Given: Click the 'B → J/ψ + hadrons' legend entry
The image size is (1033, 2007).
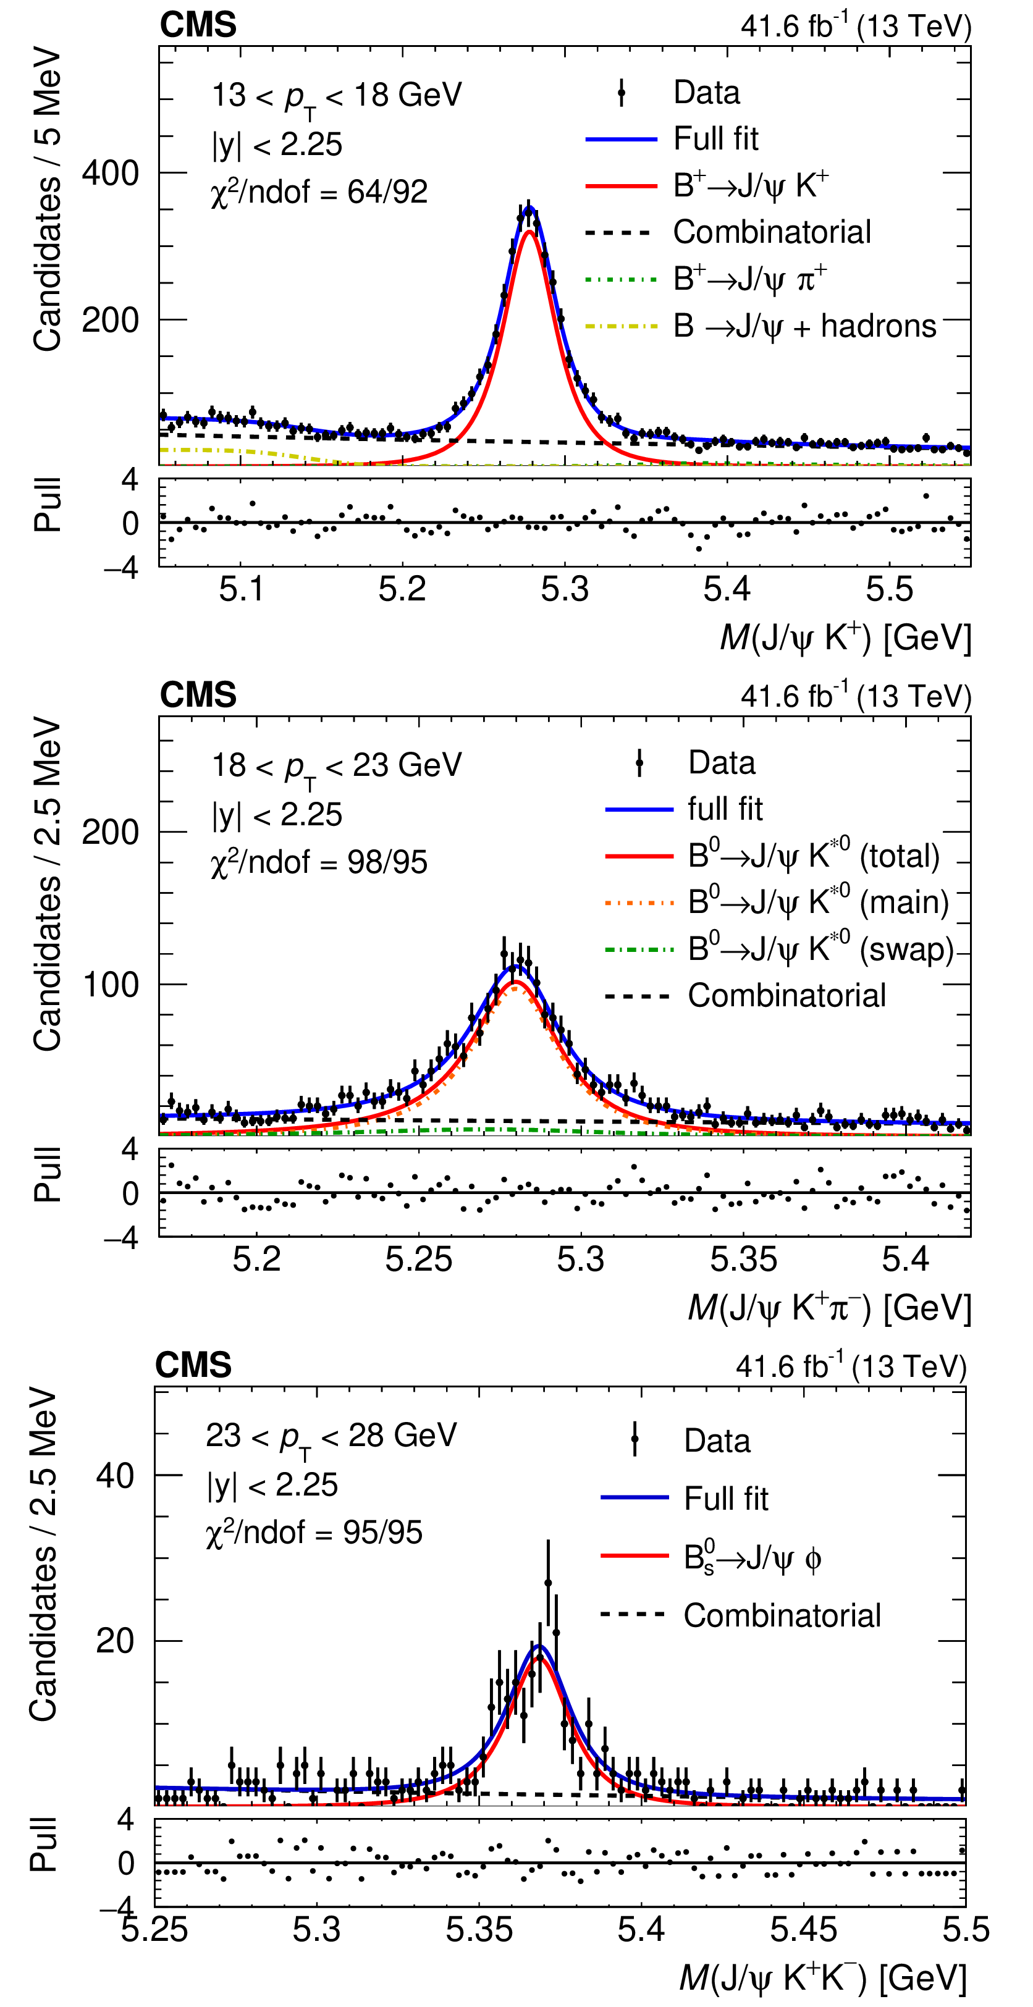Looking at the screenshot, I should [x=804, y=326].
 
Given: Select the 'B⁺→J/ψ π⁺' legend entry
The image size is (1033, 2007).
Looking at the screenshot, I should [x=749, y=279].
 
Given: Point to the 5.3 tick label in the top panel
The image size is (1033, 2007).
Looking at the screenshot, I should [x=564, y=590].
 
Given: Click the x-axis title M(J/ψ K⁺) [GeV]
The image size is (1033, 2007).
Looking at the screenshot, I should [x=845, y=637].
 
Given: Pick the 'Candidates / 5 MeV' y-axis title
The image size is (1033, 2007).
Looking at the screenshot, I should [x=47, y=199].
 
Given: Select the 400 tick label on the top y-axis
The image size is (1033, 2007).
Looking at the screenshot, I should [x=111, y=173].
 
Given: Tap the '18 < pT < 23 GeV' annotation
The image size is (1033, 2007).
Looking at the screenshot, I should [x=337, y=767].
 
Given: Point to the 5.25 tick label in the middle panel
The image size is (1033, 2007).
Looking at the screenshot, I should [x=418, y=1260].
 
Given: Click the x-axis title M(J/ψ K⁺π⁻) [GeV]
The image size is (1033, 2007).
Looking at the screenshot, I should [x=830, y=1308].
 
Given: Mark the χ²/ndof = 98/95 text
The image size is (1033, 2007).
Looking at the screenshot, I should [x=319, y=862].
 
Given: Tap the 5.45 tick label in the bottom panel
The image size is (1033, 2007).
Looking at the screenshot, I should [x=803, y=1930].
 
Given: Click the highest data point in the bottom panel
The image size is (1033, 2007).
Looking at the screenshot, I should [x=547, y=1583].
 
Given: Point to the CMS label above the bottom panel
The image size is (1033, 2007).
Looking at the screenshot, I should [x=193, y=1365].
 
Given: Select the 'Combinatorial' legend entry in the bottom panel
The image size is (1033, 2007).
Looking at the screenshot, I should [x=782, y=1616].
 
